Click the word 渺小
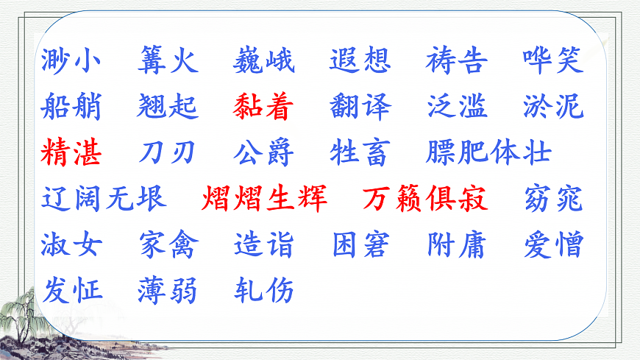71,61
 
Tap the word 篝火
168,61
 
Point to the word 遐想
360,61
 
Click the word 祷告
457,61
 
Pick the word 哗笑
553,61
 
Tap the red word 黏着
264,107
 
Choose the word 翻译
360,107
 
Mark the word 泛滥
457,107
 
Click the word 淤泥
553,107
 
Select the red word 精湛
71,153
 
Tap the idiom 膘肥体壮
488,153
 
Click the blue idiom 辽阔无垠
104,200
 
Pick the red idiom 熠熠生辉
264,200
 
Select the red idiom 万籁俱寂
425,200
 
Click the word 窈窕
553,200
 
